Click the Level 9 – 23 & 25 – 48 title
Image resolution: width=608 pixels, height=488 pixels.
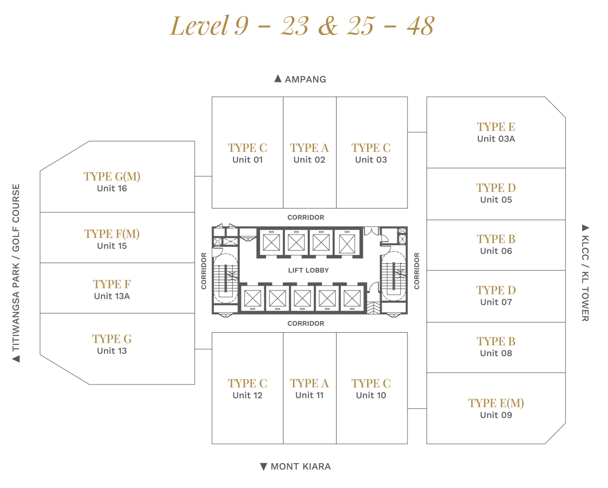tap(302, 26)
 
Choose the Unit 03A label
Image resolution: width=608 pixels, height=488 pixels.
tap(496, 139)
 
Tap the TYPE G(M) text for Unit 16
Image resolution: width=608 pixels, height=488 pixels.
tap(112, 176)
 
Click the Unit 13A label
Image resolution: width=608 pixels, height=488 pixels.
tap(112, 296)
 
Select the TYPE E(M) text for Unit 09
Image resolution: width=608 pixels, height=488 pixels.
tap(496, 403)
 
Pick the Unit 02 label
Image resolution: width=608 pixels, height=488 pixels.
tap(309, 160)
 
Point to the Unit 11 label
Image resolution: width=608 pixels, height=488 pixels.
tap(309, 395)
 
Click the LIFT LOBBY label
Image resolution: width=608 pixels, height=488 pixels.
tap(308, 270)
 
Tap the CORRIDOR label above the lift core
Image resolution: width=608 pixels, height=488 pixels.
tap(306, 218)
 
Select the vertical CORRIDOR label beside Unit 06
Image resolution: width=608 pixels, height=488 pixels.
tap(417, 271)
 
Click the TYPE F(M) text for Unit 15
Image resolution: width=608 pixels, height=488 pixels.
tap(112, 233)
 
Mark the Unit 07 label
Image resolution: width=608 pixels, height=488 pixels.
tap(496, 302)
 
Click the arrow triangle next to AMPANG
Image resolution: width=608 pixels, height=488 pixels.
tap(278, 79)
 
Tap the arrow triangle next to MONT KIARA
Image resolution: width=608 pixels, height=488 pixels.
tap(264, 467)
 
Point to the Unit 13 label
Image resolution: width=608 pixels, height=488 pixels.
tap(112, 351)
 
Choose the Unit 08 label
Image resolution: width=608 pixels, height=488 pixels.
tap(496, 353)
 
